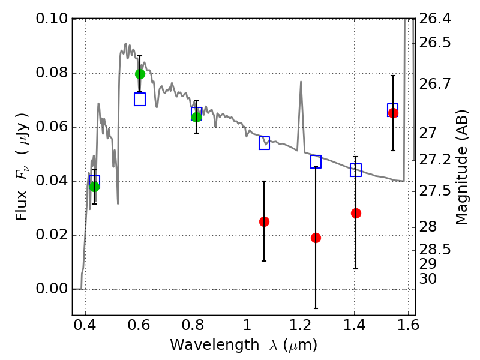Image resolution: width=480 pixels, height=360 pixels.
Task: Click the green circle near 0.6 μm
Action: pyautogui.click(x=140, y=74)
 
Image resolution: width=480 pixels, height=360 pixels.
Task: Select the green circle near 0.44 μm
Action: pyautogui.click(x=95, y=187)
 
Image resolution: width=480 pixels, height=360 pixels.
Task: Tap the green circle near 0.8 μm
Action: pyautogui.click(x=197, y=117)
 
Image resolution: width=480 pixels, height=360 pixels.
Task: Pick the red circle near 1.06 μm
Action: pyautogui.click(x=264, y=221)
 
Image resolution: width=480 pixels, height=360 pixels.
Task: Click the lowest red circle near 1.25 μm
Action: pyautogui.click(x=316, y=238)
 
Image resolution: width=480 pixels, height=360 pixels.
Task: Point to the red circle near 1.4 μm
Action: pyautogui.click(x=356, y=213)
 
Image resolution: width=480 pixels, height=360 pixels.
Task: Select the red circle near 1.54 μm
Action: pyautogui.click(x=393, y=113)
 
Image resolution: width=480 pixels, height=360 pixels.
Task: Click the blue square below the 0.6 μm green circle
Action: pyautogui.click(x=140, y=99)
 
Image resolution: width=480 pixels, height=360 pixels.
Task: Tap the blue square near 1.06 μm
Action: pyautogui.click(x=264, y=143)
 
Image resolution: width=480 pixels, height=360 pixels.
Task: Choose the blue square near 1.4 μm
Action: pyautogui.click(x=356, y=170)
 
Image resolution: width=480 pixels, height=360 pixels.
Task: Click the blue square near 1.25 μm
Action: pyautogui.click(x=316, y=161)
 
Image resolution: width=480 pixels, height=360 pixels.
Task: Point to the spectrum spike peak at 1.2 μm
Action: pyautogui.click(x=301, y=82)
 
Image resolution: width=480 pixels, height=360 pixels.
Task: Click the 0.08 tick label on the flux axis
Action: pyautogui.click(x=52, y=73)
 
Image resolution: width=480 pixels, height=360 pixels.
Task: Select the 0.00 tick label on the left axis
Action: pyautogui.click(x=52, y=289)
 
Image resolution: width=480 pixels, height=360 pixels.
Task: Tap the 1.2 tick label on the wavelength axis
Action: pyautogui.click(x=301, y=325)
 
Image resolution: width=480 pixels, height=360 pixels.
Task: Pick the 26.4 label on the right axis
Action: pyautogui.click(x=434, y=19)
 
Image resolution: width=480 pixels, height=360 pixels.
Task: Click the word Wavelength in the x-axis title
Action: pyautogui.click(x=215, y=345)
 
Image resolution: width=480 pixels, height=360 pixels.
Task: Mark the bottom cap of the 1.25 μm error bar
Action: pyautogui.click(x=316, y=308)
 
